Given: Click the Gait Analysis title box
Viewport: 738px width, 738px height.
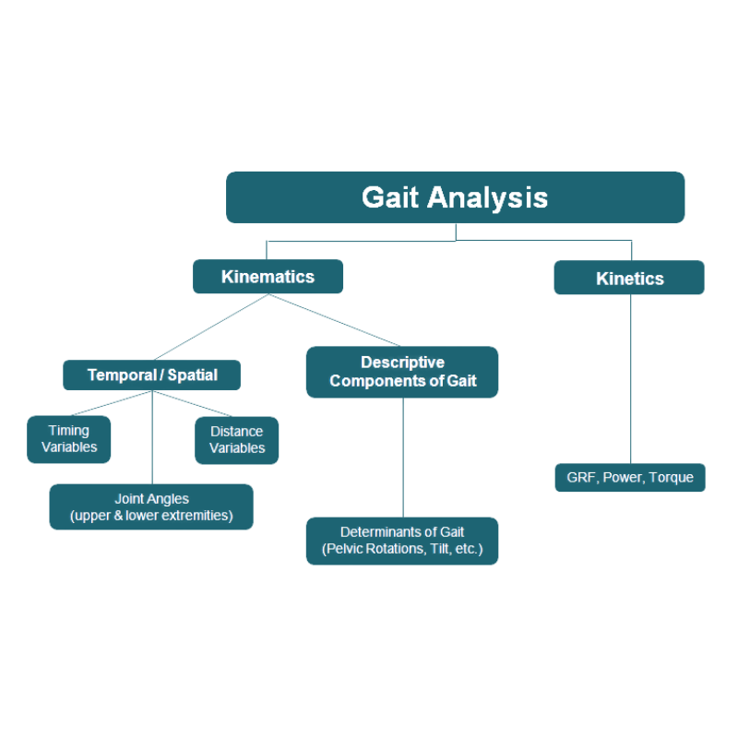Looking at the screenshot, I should click(x=455, y=197).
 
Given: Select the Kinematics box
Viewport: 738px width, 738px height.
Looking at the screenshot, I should click(x=268, y=277).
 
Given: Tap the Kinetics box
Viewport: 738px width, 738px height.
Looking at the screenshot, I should click(x=629, y=278).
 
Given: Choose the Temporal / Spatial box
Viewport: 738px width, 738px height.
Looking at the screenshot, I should click(x=152, y=375).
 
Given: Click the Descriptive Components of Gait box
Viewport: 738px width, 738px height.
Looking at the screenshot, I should click(x=402, y=372).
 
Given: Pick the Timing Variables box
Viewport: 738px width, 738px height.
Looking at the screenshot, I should click(x=69, y=440).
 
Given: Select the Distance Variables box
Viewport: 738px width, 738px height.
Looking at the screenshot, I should click(x=237, y=440).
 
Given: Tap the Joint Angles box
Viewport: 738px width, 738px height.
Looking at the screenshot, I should click(x=151, y=506).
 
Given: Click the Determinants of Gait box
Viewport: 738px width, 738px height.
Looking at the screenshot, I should click(x=402, y=541).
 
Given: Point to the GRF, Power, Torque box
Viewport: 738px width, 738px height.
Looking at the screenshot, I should click(x=630, y=478).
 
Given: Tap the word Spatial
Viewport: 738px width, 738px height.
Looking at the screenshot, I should click(x=193, y=375).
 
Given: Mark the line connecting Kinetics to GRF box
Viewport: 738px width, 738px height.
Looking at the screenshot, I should click(x=631, y=378).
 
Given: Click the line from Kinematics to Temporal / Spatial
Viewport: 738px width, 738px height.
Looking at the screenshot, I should click(x=210, y=327).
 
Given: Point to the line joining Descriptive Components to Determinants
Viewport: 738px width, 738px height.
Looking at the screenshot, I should click(x=403, y=457).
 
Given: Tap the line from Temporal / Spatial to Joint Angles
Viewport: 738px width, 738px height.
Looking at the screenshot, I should click(x=152, y=438).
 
